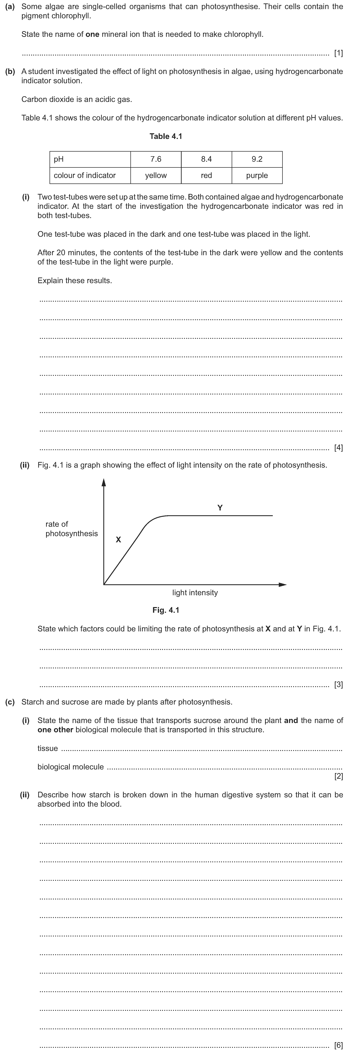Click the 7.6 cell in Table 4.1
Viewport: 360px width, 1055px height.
click(156, 159)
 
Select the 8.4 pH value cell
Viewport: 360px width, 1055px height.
click(206, 159)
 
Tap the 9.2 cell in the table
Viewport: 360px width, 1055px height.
click(257, 159)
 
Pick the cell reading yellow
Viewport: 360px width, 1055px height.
click(156, 175)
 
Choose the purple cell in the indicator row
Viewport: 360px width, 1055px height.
click(257, 175)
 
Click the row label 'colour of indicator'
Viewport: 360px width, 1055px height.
click(85, 175)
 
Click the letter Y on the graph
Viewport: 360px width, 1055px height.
click(220, 508)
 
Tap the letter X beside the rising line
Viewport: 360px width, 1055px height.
click(118, 540)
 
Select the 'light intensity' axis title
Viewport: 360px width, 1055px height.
click(195, 593)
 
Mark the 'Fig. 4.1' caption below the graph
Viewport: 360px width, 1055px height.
click(166, 610)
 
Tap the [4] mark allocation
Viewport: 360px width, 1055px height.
click(338, 448)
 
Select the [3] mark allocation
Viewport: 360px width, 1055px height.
click(338, 684)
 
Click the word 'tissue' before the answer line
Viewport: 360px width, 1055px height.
click(47, 748)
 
